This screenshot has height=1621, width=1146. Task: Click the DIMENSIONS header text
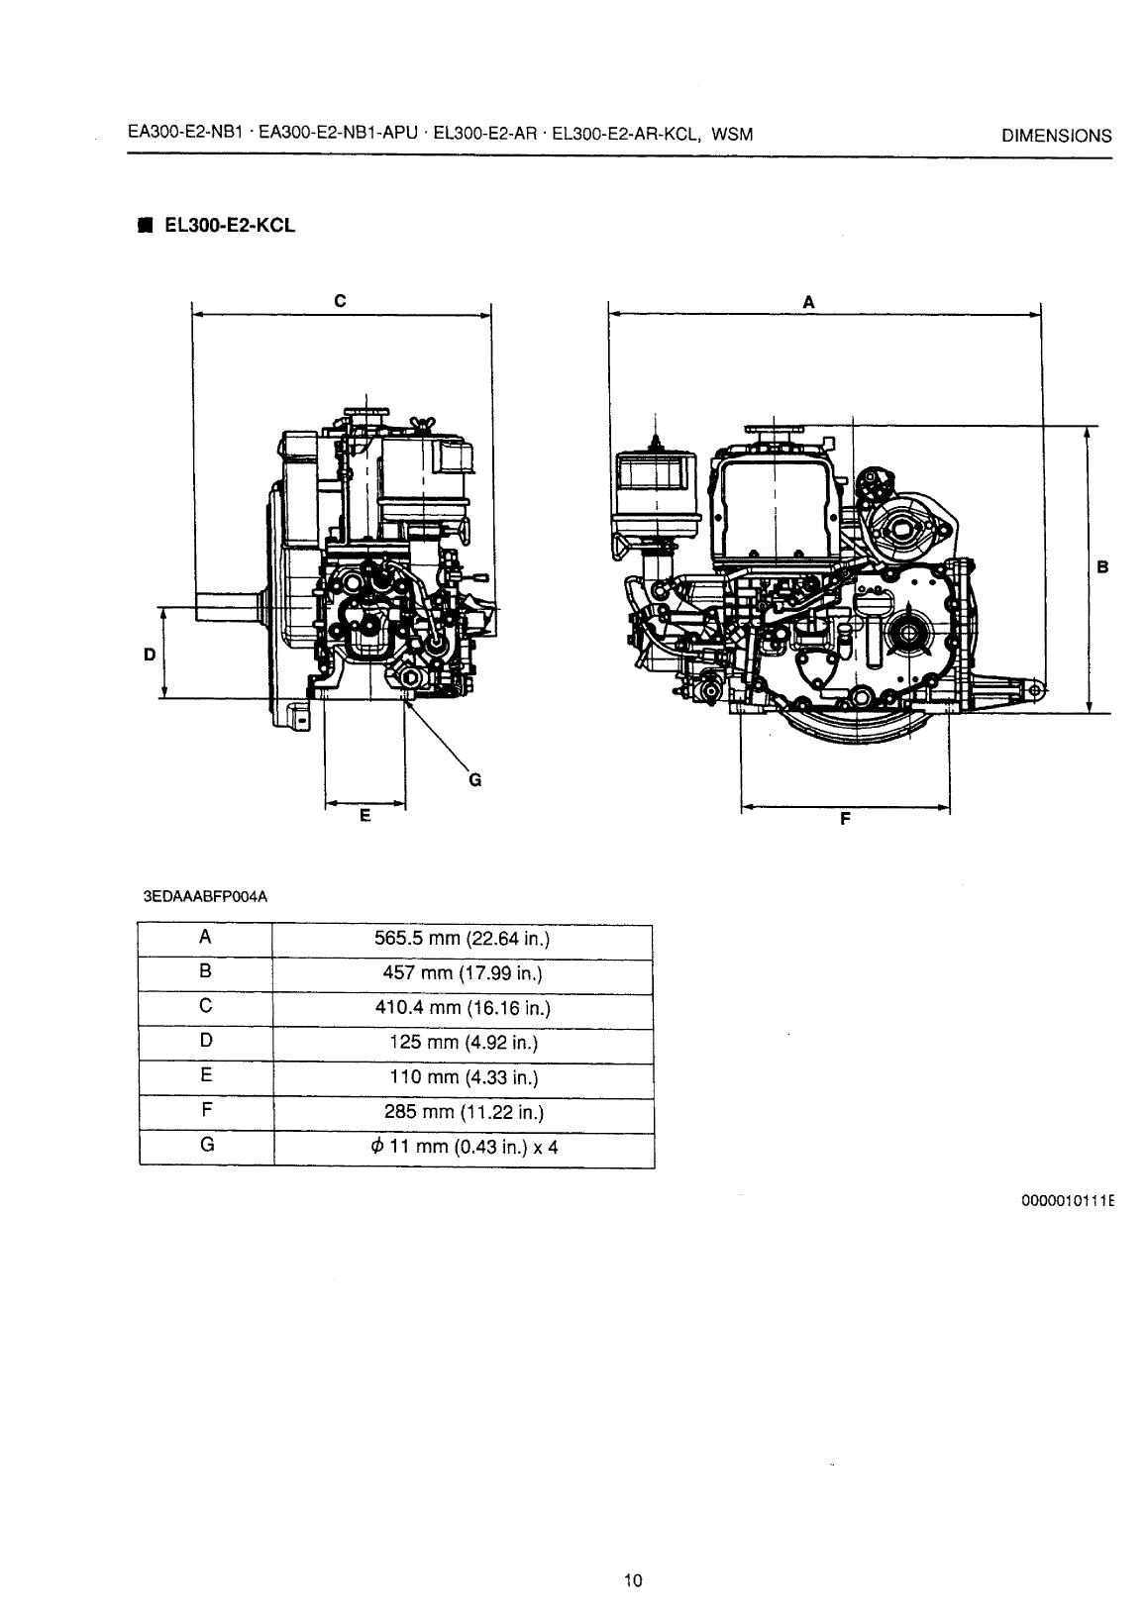pos(1056,137)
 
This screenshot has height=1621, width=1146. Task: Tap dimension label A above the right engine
pos(808,302)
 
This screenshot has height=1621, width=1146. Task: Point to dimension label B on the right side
pos(1101,567)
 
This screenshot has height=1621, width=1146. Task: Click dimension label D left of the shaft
pos(150,655)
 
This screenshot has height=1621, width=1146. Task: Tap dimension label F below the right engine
pos(845,819)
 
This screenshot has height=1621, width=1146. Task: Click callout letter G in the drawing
pos(474,779)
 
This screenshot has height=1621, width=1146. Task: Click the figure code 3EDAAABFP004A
pos(206,897)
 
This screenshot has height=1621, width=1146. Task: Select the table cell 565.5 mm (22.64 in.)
pos(462,939)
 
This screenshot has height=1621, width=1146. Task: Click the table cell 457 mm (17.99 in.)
pos(462,973)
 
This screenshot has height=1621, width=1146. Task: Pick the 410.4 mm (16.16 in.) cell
pos(462,1008)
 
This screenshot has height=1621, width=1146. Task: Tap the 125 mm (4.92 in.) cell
pos(462,1043)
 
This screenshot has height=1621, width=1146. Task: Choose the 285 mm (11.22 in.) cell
pos(462,1112)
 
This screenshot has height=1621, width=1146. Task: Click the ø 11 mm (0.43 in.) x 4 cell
pos(462,1148)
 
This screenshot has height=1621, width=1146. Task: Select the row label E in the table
pos(205,1075)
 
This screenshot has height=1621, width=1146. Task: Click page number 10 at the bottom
pos(634,1580)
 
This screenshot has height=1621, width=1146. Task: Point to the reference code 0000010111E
pos(1068,1201)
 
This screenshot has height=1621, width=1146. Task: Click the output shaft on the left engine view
pos(226,606)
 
